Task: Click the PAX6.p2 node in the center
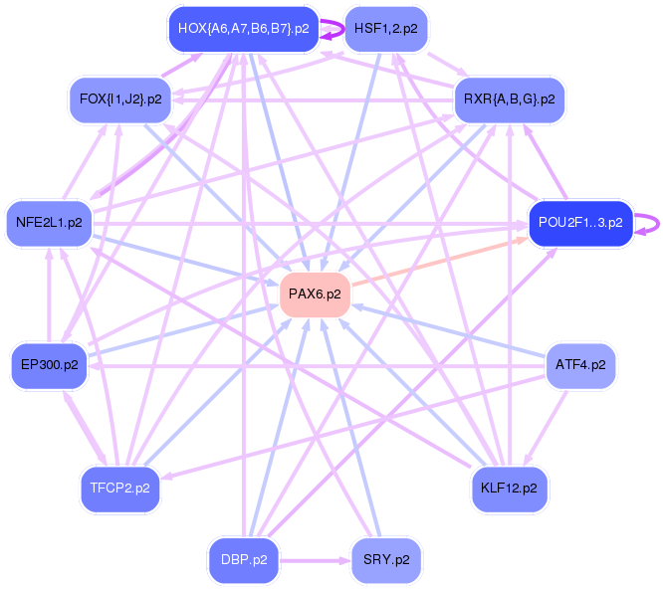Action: (x=315, y=295)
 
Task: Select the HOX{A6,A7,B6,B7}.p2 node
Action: (x=244, y=29)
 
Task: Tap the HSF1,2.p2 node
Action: (x=386, y=29)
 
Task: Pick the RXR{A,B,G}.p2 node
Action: (x=509, y=99)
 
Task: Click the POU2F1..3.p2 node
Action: (x=580, y=223)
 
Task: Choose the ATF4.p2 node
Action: (x=580, y=365)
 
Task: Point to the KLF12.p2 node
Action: (x=509, y=489)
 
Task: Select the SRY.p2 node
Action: (x=386, y=560)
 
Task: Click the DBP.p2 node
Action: (x=244, y=560)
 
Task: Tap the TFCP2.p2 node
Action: (x=120, y=489)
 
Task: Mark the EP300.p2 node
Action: (x=50, y=365)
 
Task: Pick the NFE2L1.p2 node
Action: (x=49, y=223)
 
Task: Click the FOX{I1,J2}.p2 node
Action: (x=120, y=99)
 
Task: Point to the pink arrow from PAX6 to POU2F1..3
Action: (x=440, y=262)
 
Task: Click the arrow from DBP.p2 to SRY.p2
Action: (x=315, y=561)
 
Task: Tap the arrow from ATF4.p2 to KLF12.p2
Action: (x=545, y=427)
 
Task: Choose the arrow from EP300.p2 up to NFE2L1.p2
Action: (x=49, y=295)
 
